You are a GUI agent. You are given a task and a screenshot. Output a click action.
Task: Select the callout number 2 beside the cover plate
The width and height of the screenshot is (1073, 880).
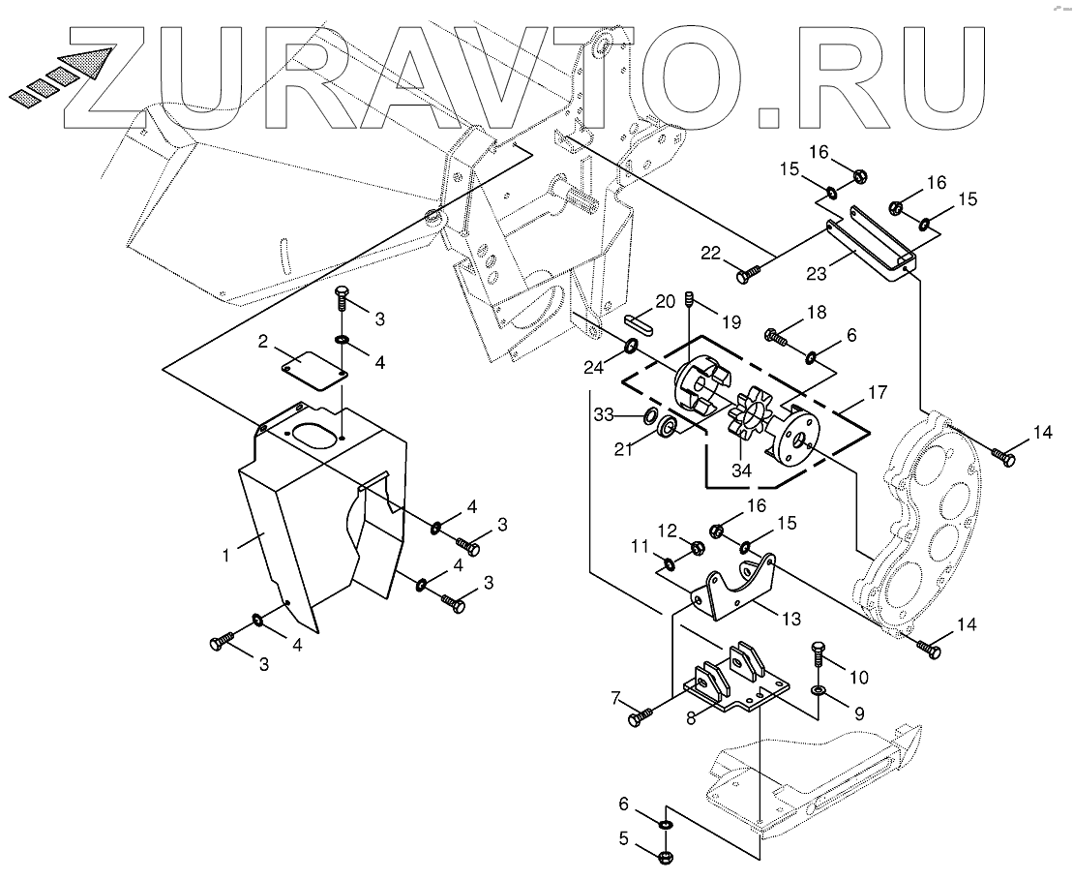(x=261, y=341)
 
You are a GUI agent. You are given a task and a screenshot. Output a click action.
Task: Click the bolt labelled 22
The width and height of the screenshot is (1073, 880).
(x=745, y=276)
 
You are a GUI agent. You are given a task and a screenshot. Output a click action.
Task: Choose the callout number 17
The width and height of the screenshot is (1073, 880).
(x=877, y=393)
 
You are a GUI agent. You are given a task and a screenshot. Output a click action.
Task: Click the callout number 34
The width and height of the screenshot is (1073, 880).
(x=742, y=470)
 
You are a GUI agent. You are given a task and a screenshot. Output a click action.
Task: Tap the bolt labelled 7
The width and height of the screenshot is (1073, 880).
(x=641, y=717)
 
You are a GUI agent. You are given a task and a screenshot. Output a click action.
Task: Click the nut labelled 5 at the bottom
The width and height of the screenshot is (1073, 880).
(x=666, y=857)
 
